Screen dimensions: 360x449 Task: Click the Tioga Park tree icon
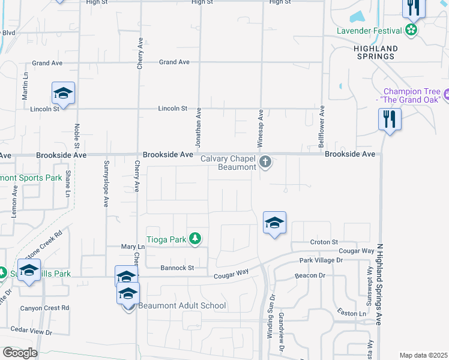pos(195,239)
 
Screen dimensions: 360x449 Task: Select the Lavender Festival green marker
pos(411,31)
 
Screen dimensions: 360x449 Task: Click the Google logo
pos(19,353)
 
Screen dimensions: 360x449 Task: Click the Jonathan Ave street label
pos(197,128)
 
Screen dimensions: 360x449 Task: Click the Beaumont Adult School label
pos(182,305)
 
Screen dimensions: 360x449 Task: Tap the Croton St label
pos(325,242)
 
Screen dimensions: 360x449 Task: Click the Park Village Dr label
pos(321,260)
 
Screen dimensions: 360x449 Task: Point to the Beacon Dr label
pos(310,275)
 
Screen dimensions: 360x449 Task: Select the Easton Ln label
pos(351,313)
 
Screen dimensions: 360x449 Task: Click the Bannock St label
pos(177,267)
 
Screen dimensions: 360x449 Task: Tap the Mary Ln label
pos(133,247)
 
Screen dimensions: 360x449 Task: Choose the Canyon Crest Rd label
pos(45,308)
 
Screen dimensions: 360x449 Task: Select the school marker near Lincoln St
pos(63,94)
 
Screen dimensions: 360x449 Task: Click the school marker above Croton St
pos(274,223)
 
